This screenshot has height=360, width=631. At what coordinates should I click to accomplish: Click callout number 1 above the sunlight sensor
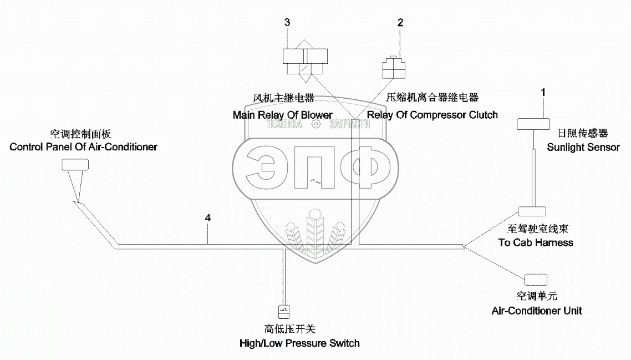(543, 93)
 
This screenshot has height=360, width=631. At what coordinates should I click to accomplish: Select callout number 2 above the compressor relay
(400, 23)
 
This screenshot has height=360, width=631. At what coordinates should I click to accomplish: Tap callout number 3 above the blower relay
(287, 22)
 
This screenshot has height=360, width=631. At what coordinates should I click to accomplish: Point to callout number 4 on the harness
(207, 218)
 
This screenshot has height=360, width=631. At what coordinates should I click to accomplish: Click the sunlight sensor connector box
(533, 124)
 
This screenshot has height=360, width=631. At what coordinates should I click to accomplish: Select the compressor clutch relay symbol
(394, 67)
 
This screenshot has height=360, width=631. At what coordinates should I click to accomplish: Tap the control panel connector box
(75, 165)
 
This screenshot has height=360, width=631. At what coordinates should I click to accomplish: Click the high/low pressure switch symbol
(284, 312)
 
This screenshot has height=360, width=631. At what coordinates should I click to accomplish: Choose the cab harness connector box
(532, 211)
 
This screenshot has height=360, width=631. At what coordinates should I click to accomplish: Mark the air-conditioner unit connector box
(536, 280)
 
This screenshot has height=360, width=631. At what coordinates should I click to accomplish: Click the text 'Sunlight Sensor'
(583, 148)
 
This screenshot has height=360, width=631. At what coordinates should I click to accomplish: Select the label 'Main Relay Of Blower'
(282, 115)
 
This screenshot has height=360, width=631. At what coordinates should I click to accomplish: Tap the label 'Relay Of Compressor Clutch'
(432, 115)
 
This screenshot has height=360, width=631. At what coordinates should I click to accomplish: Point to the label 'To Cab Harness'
(536, 242)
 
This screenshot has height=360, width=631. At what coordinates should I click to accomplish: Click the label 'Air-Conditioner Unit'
(537, 311)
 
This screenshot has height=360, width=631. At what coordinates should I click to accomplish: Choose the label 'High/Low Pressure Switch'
(299, 343)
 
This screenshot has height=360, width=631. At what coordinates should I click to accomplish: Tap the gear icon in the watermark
(316, 124)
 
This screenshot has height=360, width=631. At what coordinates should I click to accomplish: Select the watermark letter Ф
(365, 168)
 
